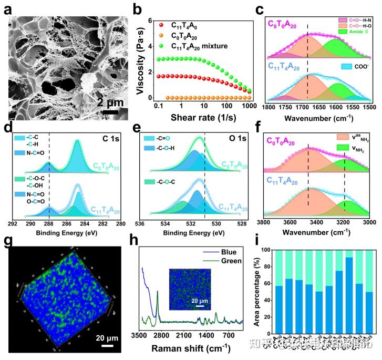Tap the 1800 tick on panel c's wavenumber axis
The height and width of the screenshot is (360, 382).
click(269, 107)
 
